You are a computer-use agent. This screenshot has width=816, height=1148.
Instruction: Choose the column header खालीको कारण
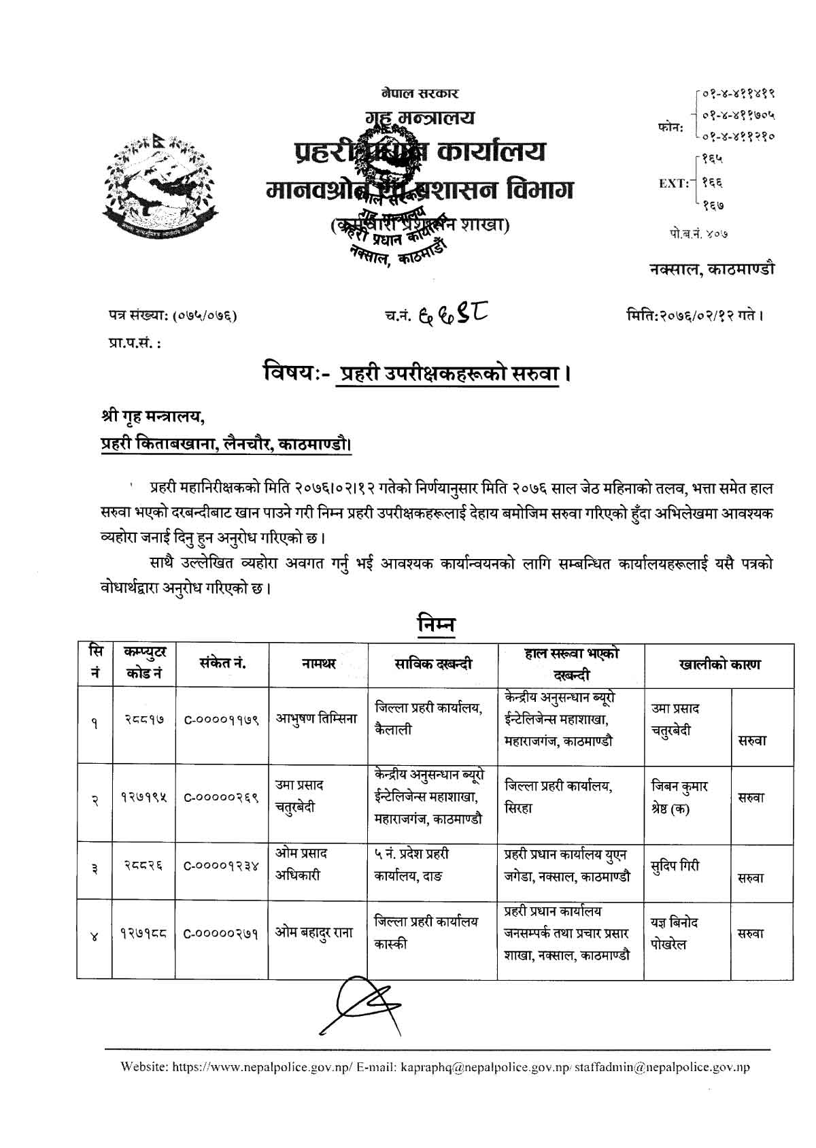(x=719, y=664)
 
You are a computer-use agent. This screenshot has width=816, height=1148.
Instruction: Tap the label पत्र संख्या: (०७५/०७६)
(x=173, y=316)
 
